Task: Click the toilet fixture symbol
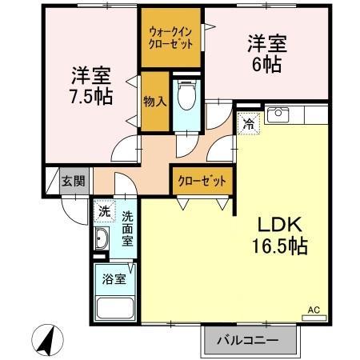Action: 186,94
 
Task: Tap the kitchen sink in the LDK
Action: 278,115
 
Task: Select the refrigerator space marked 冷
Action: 249,124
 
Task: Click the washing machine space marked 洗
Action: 105,212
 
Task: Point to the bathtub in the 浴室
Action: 115,308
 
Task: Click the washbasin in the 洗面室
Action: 102,238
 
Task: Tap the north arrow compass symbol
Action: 47,340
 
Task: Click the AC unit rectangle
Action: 314,318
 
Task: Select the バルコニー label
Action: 247,341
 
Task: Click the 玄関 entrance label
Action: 74,182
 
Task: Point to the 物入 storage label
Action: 155,102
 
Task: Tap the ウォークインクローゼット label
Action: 170,38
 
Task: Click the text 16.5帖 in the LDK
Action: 280,246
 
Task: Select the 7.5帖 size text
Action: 91,96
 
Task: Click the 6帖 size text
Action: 267,65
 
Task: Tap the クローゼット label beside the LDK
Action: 202,182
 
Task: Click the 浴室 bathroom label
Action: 114,279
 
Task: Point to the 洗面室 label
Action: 127,229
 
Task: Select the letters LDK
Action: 280,225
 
